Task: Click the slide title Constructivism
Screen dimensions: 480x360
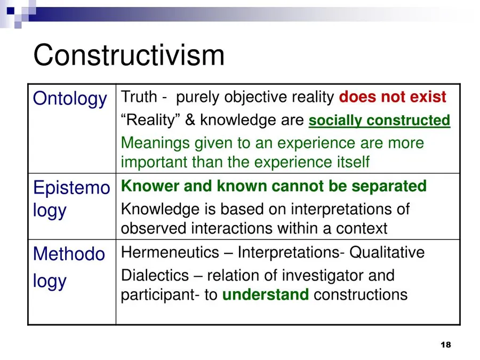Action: [129, 55]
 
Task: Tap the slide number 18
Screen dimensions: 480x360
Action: [446, 345]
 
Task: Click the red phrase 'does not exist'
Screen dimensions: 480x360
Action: [393, 97]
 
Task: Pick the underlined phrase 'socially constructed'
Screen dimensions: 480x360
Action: [379, 121]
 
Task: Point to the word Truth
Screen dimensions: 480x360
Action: [139, 97]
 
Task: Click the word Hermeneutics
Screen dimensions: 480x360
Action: [170, 253]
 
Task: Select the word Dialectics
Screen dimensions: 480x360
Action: [155, 276]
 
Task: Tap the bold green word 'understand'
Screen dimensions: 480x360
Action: [266, 294]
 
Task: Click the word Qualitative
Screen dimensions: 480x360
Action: [387, 253]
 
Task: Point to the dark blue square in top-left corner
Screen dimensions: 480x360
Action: [11, 11]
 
